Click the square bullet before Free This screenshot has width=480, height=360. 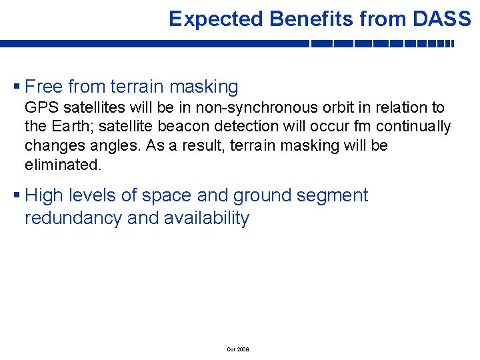point(17,87)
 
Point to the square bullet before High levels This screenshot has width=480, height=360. point(17,196)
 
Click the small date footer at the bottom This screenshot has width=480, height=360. point(237,349)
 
